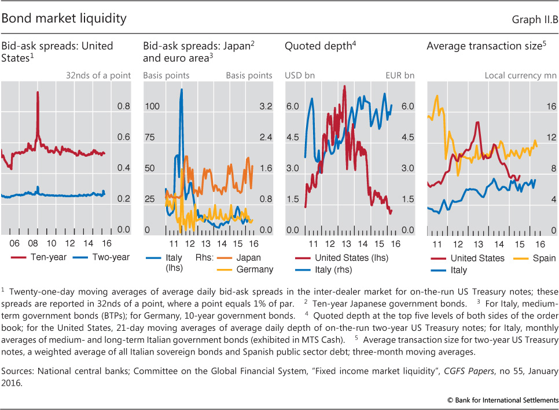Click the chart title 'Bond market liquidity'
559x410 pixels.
point(64,19)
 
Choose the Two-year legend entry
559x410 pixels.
point(103,257)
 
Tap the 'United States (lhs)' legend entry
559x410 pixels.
point(341,258)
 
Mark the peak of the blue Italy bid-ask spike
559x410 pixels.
point(182,89)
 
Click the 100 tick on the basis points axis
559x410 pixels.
point(152,107)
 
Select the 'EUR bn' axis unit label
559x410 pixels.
point(401,75)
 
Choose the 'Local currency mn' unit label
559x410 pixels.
point(520,75)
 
